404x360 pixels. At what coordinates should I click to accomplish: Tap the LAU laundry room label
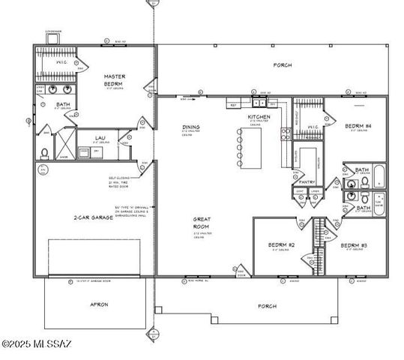pyautogui.click(x=100, y=139)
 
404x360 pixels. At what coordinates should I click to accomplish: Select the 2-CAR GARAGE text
pyautogui.click(x=93, y=217)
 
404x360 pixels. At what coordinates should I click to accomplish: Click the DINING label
pyautogui.click(x=190, y=127)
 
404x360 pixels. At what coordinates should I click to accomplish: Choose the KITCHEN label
pyautogui.click(x=259, y=118)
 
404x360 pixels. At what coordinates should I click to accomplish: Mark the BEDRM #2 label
pyautogui.click(x=281, y=245)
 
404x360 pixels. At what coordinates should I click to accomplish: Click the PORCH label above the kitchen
pyautogui.click(x=283, y=65)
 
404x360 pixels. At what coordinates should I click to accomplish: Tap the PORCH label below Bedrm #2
pyautogui.click(x=267, y=306)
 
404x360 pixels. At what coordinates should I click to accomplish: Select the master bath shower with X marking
pyautogui.click(x=65, y=144)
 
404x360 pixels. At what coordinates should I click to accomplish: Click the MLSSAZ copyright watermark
pyautogui.click(x=36, y=344)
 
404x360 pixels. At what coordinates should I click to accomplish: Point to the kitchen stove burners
pyautogui.click(x=286, y=135)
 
